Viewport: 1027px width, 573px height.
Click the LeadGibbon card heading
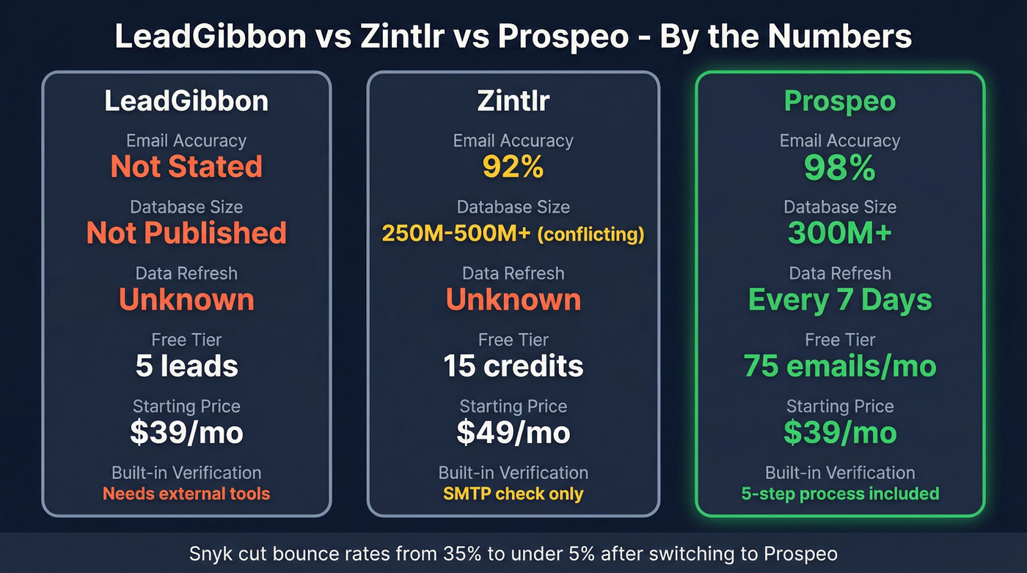click(186, 101)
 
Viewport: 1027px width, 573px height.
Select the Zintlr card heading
click(513, 101)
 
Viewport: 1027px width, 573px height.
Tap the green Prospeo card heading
click(840, 101)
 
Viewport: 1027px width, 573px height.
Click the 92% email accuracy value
click(513, 167)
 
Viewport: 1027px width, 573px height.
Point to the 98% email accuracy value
click(840, 168)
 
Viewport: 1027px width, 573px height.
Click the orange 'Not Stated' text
click(186, 167)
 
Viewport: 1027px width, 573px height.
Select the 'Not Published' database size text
click(186, 233)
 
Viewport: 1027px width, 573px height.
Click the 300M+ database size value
click(840, 233)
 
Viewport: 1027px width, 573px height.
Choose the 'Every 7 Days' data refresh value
click(840, 300)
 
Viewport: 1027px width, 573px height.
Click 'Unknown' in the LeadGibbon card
click(186, 300)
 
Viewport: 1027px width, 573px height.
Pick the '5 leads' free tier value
click(186, 366)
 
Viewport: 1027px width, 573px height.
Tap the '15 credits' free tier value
click(513, 366)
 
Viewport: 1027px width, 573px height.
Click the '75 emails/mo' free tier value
click(840, 366)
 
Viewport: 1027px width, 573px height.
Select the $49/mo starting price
click(513, 433)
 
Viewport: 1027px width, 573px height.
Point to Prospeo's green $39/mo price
click(840, 433)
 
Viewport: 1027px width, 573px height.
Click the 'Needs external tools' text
click(186, 494)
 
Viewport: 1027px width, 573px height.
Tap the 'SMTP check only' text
click(513, 494)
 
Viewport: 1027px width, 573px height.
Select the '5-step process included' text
click(840, 494)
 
